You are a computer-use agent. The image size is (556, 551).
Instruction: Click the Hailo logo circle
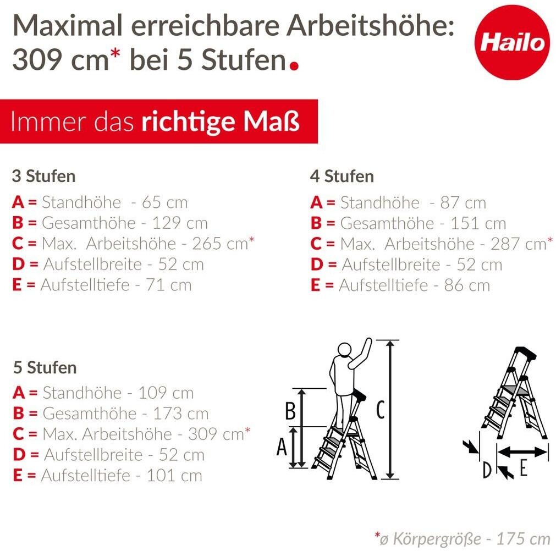512,42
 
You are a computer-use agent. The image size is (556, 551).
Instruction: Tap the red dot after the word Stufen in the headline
294,65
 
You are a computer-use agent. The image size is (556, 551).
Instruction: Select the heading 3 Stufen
43,176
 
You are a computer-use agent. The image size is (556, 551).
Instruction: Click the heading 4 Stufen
342,176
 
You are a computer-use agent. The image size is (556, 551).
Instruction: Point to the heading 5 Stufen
45,367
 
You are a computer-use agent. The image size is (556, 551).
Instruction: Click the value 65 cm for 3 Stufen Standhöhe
164,202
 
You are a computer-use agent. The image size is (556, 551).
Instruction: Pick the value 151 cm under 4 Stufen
478,223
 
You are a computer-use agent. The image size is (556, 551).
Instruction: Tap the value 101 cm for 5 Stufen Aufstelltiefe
174,476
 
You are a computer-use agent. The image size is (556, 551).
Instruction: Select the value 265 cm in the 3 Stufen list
220,244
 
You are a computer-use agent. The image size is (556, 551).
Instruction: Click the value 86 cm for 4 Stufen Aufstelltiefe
467,285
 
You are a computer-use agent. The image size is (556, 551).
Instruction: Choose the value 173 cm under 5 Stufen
180,414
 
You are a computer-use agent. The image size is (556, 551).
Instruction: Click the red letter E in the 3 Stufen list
17,285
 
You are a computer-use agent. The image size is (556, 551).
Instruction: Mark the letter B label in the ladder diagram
290,411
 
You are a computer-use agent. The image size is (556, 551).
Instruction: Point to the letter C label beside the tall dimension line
380,410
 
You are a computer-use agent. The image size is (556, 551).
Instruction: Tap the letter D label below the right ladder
487,470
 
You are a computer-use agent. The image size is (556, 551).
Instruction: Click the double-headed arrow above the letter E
523,451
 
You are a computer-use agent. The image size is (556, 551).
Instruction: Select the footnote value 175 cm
523,539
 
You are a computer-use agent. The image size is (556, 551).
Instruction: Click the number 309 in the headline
38,59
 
